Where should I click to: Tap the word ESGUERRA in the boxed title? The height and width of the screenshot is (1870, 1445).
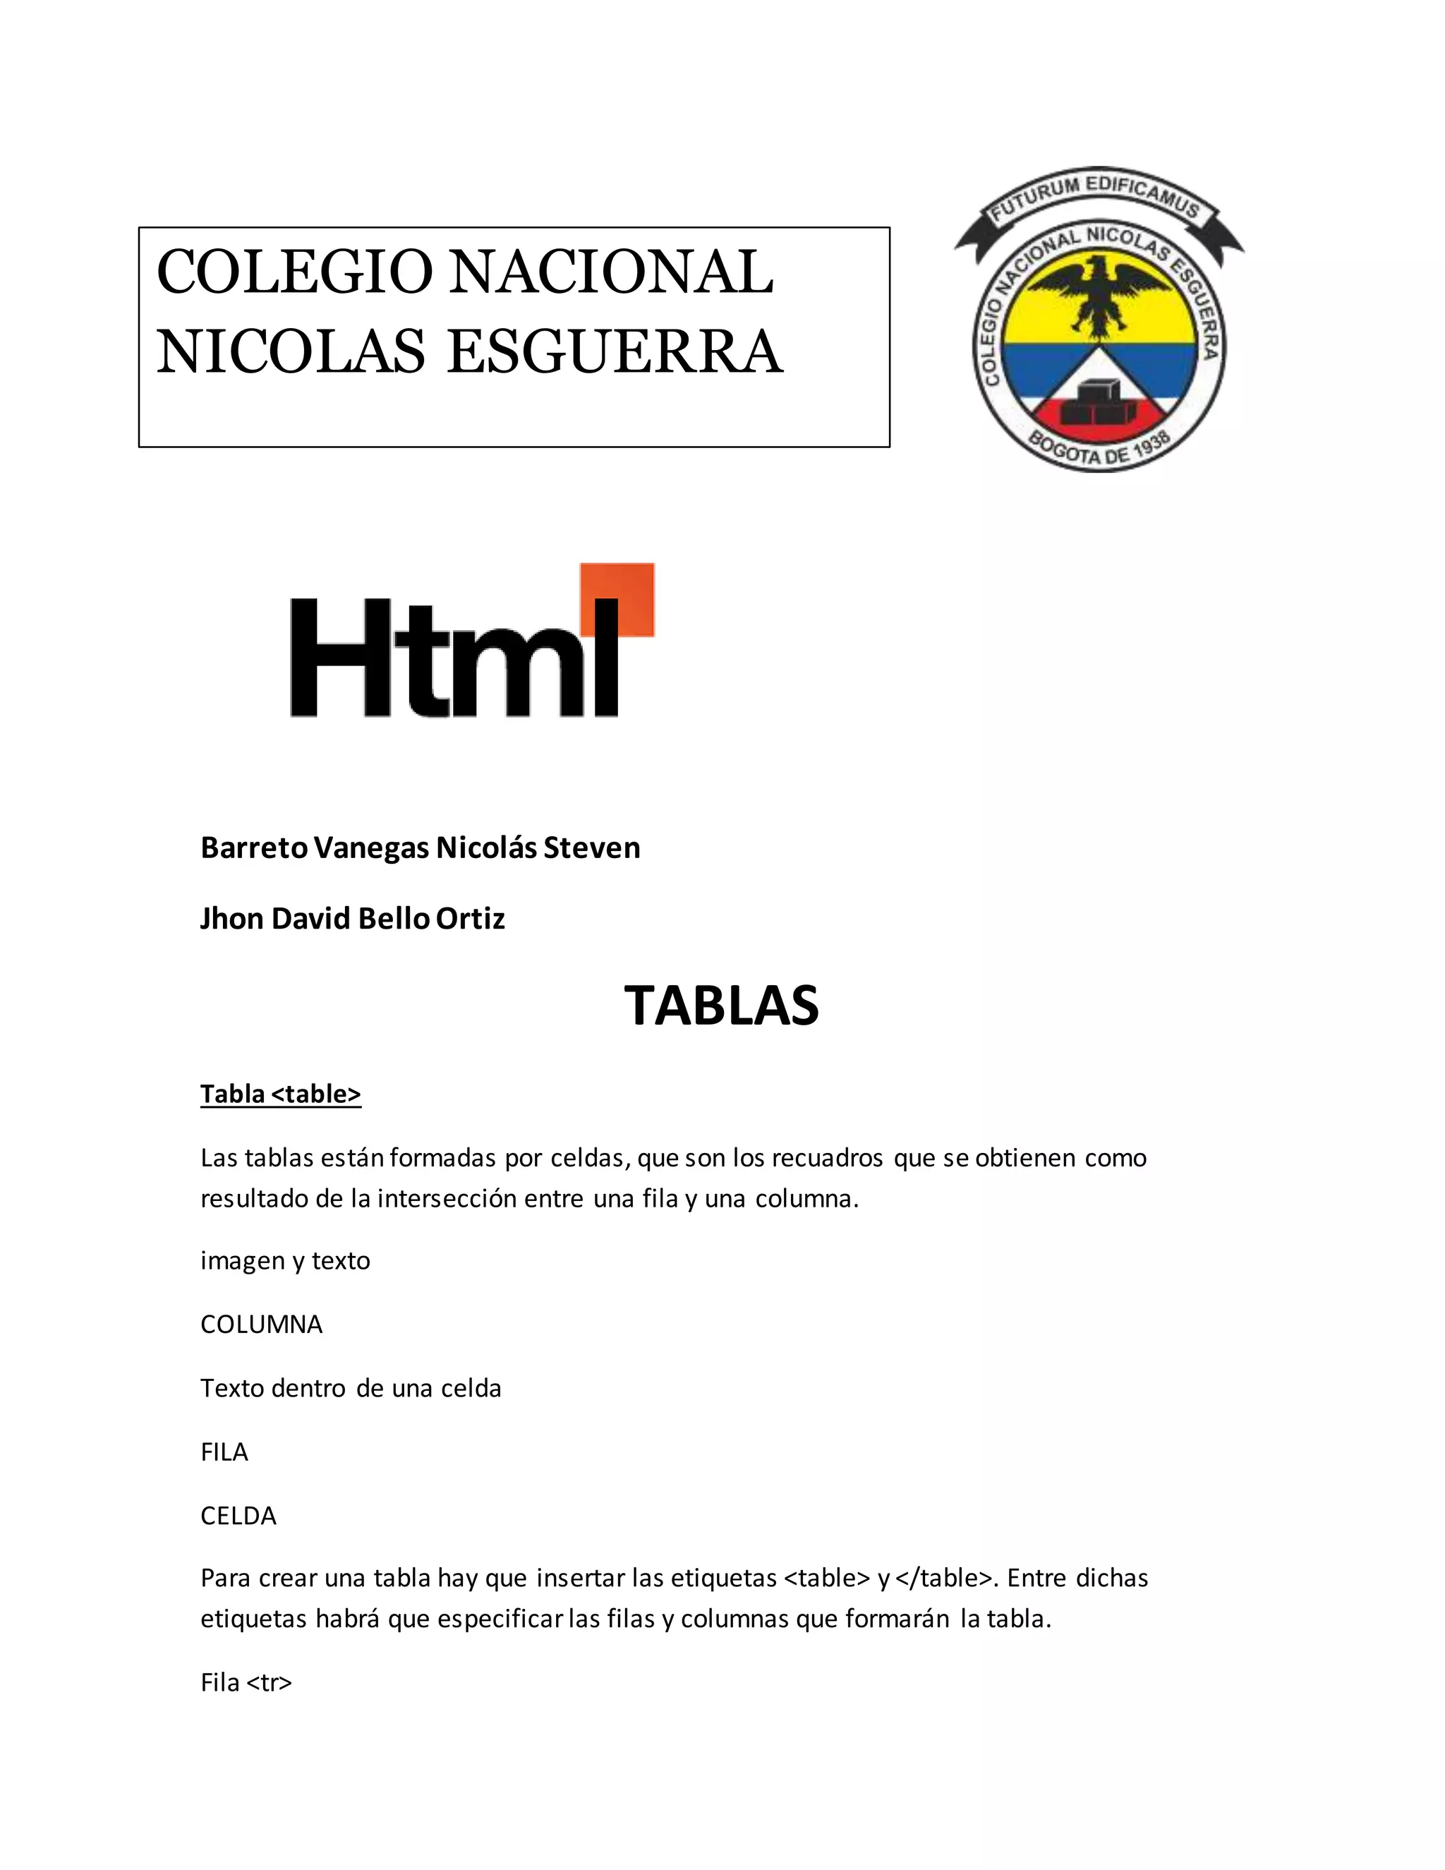614,352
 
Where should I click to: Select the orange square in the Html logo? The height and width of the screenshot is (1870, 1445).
617,599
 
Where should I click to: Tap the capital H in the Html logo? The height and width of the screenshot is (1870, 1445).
342,658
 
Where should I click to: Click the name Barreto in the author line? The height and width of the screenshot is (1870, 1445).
254,847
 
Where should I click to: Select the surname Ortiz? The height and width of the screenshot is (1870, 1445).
470,919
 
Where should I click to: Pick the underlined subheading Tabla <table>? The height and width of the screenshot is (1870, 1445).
281,1094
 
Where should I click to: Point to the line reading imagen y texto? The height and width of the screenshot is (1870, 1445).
285,1261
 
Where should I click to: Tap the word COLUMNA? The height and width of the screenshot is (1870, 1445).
261,1325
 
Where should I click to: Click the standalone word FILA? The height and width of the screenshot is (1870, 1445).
224,1452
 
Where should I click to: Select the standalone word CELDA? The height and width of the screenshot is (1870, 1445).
238,1516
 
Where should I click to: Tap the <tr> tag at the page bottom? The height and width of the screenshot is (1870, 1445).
269,1683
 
